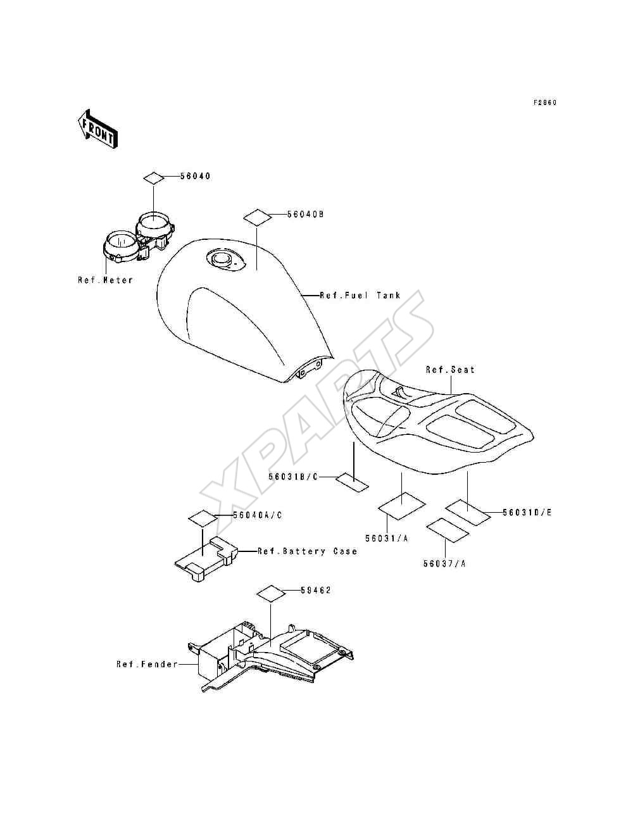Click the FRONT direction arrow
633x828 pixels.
click(x=97, y=129)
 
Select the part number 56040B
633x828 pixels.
click(x=305, y=214)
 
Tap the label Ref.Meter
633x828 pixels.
click(x=105, y=280)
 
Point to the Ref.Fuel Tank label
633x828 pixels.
click(x=360, y=295)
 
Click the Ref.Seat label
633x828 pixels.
click(x=450, y=370)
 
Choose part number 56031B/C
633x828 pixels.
click(x=293, y=477)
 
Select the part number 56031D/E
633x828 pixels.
click(x=527, y=512)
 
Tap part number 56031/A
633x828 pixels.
click(x=387, y=538)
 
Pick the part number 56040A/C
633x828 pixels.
click(x=258, y=515)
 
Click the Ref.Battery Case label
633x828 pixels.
click(x=308, y=551)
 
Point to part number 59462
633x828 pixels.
click(x=316, y=591)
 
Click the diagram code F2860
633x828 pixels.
click(x=545, y=103)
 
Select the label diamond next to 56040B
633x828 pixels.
click(x=257, y=217)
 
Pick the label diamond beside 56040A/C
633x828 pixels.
click(x=203, y=518)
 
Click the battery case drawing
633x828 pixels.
click(x=206, y=560)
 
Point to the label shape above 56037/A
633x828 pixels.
click(x=448, y=530)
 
